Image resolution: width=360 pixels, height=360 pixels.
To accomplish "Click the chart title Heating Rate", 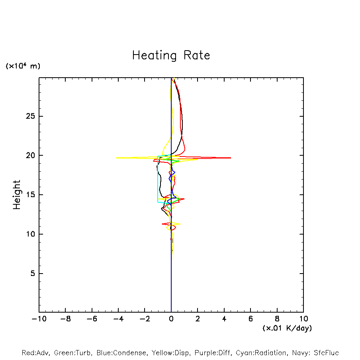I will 171,55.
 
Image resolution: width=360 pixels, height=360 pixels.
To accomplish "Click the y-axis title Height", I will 17,195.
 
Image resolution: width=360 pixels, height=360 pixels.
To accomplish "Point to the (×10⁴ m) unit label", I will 23,66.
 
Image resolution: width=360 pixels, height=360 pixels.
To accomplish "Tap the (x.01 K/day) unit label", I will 287,328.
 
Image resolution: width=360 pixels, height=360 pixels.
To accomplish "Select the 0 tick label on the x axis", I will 171,319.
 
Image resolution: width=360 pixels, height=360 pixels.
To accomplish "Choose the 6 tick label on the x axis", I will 250,319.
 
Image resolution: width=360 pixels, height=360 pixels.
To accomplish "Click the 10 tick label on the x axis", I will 303,319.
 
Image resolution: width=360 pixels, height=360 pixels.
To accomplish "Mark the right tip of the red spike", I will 231,158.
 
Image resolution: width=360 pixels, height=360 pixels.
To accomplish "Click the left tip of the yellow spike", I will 116,158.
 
